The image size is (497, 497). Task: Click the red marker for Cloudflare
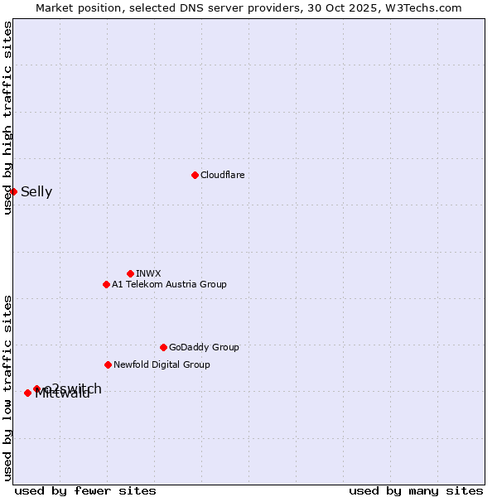(x=195, y=175)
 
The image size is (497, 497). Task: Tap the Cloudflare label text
(x=222, y=175)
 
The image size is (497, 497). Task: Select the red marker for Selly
(x=13, y=191)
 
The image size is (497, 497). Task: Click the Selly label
(x=36, y=192)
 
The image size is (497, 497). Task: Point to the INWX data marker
(x=130, y=273)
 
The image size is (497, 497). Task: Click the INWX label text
(x=148, y=273)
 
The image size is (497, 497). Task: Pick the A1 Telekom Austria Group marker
(x=106, y=284)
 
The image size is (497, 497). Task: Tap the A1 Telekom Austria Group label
(x=169, y=284)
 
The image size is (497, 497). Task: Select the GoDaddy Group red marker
(x=163, y=347)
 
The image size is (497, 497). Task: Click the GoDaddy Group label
(x=204, y=347)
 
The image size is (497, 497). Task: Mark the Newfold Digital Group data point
(x=108, y=364)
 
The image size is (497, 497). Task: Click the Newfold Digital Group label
(x=162, y=364)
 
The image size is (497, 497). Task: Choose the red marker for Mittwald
(x=27, y=393)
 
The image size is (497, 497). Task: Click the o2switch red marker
(x=36, y=388)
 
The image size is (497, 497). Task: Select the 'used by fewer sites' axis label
(x=85, y=490)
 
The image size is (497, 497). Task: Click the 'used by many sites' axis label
(x=416, y=490)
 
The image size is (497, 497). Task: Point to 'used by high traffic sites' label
(x=7, y=118)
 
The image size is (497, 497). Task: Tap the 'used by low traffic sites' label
(x=7, y=387)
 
